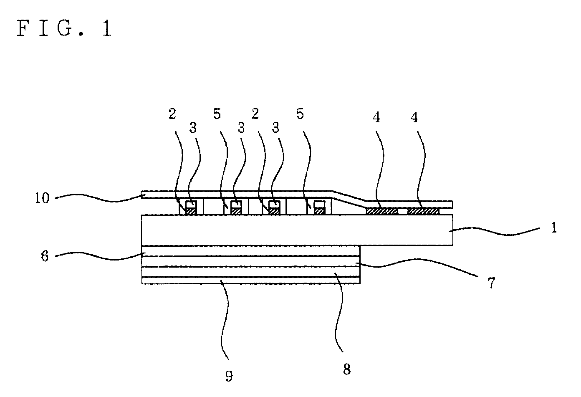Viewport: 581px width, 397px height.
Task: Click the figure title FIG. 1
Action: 64,28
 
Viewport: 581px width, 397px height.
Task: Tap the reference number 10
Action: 42,198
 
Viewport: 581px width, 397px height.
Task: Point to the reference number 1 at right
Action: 554,228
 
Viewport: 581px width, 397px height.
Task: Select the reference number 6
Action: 45,256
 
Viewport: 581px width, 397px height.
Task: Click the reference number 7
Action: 491,283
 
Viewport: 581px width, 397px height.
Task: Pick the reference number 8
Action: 347,369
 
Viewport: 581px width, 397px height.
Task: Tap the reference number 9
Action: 229,376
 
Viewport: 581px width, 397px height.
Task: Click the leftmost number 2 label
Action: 172,114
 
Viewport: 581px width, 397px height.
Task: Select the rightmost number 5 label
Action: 300,114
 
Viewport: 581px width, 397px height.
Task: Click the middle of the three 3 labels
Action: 241,128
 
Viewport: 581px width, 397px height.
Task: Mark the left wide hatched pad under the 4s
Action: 381,211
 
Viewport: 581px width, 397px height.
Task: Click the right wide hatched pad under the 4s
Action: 423,211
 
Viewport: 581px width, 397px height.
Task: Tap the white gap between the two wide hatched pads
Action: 402,211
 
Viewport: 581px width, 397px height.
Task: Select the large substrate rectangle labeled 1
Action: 297,230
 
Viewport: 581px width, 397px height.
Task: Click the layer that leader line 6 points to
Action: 250,251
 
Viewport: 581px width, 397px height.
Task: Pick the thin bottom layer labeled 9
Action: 250,281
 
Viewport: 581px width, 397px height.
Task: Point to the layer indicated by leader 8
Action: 250,272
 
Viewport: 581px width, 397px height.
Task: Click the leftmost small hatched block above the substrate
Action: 191,211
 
